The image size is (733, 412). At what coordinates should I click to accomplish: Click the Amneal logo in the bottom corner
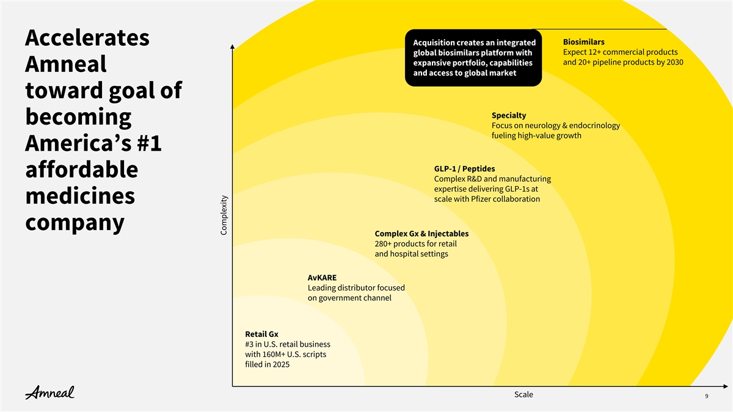(x=49, y=392)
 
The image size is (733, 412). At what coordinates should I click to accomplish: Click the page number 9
(x=707, y=396)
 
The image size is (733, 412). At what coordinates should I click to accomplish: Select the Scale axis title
(x=523, y=394)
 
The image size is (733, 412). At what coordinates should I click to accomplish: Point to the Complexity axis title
(x=224, y=215)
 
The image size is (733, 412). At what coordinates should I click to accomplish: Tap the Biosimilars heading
(x=584, y=42)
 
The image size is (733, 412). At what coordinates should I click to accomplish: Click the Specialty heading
(x=509, y=115)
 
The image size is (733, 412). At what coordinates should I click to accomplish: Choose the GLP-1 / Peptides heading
(x=464, y=168)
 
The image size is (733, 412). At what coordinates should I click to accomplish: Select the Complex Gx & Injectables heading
(x=421, y=233)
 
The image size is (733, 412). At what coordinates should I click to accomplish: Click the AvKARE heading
(x=322, y=278)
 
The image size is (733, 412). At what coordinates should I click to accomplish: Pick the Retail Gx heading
(x=261, y=334)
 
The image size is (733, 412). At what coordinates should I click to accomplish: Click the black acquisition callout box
(x=473, y=58)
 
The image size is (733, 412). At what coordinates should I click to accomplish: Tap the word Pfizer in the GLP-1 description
(x=481, y=199)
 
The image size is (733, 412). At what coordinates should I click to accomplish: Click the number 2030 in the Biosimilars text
(x=674, y=62)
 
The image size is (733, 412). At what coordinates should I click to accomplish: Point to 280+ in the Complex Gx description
(x=383, y=244)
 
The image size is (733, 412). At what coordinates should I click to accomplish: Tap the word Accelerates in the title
(x=87, y=38)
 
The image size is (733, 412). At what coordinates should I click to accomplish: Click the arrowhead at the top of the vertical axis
(x=232, y=46)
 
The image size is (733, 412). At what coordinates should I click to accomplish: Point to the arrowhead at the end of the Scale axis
(x=726, y=386)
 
